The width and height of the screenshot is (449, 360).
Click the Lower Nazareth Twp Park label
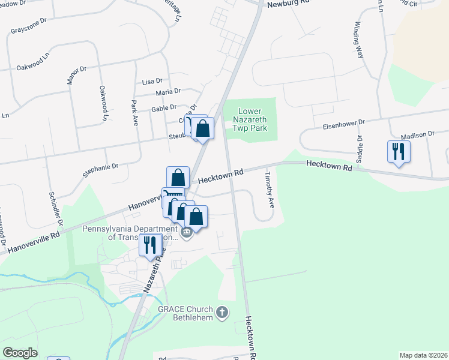click(251, 120)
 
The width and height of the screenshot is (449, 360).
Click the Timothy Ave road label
click(270, 190)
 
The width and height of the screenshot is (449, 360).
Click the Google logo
click(20, 353)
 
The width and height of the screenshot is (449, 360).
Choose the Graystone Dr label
click(28, 26)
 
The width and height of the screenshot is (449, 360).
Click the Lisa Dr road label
click(152, 81)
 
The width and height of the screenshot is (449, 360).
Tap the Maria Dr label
click(168, 92)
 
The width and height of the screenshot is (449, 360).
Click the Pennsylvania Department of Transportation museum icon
click(186, 232)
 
